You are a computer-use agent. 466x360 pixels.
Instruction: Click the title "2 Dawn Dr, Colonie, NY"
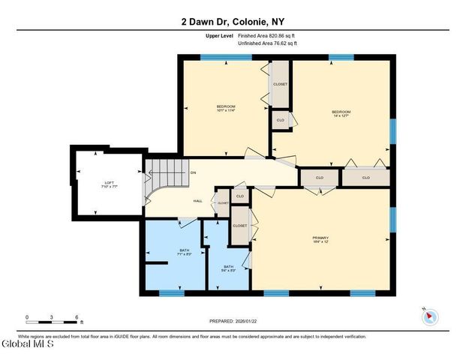click(x=233, y=22)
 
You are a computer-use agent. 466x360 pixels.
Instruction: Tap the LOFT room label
click(x=109, y=184)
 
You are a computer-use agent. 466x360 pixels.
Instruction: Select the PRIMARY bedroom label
click(x=320, y=239)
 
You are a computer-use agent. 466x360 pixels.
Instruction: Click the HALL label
click(x=198, y=201)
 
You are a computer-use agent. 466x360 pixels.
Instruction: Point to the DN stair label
click(x=193, y=173)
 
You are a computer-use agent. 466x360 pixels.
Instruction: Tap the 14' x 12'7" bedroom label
click(x=341, y=114)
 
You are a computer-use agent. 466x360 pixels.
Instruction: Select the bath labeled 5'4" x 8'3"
click(x=228, y=268)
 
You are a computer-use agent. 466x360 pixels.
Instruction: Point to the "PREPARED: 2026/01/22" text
click(x=233, y=321)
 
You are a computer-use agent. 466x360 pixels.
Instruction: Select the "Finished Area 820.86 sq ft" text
click(x=267, y=36)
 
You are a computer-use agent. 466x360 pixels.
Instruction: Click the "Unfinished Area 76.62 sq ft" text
click(x=267, y=43)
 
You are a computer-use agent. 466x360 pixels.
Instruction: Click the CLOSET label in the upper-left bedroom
click(x=280, y=84)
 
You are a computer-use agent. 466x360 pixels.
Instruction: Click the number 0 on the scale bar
click(x=27, y=317)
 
